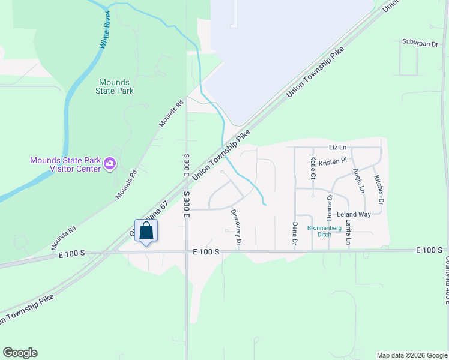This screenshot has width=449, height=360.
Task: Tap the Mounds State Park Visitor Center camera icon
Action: [110, 163]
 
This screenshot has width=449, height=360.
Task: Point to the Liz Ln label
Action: [338, 147]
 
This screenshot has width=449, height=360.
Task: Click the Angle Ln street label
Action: [359, 181]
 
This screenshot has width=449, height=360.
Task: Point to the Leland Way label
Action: [354, 214]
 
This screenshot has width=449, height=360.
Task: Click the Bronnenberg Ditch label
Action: [324, 231]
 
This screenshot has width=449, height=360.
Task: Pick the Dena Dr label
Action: [295, 234]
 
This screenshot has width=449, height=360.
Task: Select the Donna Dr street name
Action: [330, 206]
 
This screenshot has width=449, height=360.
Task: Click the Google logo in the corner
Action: [20, 353]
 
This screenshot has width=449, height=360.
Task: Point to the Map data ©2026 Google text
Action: [412, 355]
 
